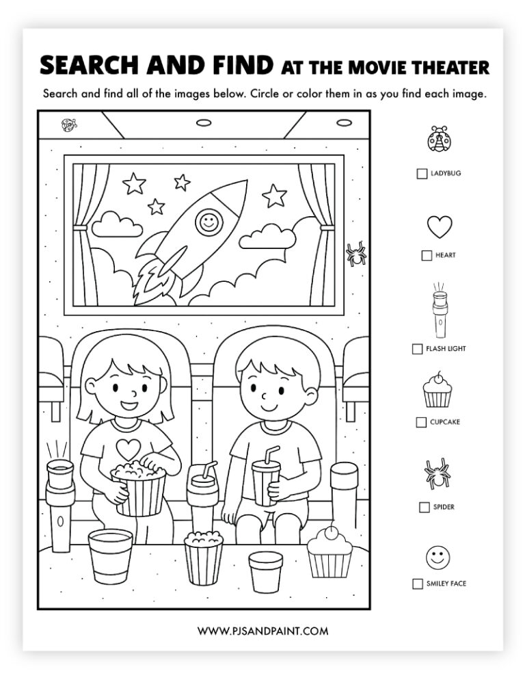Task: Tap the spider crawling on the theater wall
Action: pyautogui.click(x=355, y=254)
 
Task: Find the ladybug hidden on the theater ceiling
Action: pyautogui.click(x=69, y=125)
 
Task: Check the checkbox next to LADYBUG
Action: pyautogui.click(x=422, y=174)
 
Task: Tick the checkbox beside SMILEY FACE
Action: pyautogui.click(x=417, y=584)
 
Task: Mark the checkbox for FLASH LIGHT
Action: pyautogui.click(x=417, y=349)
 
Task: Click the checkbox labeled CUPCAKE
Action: pyautogui.click(x=421, y=422)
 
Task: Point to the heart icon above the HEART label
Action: pyautogui.click(x=440, y=226)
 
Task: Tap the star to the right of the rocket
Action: pyautogui.click(x=274, y=196)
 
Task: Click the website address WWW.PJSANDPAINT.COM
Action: pyautogui.click(x=262, y=631)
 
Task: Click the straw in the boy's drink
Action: pyautogui.click(x=270, y=454)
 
